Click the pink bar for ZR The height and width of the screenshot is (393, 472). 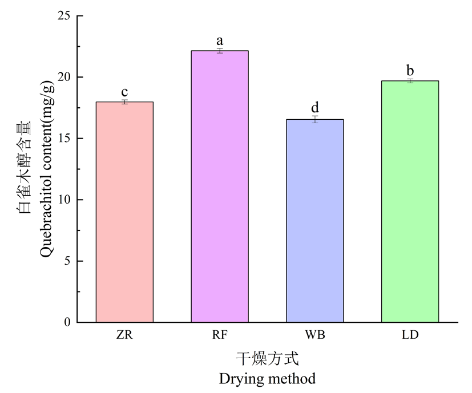tap(124, 212)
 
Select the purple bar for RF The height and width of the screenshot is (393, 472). tap(219, 187)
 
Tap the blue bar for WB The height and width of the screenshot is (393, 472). tap(314, 221)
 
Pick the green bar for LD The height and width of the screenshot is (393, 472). tap(409, 201)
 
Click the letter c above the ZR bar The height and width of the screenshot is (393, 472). tap(124, 93)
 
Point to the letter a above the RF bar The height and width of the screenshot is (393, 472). tap(219, 41)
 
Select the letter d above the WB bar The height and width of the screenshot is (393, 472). tap(314, 108)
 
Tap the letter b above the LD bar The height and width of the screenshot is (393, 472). tap(410, 71)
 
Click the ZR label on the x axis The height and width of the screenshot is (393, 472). tap(124, 335)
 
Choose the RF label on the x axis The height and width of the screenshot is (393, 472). tap(219, 335)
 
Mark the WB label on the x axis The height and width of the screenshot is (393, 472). tap(314, 335)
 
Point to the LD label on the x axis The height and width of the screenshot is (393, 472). tap(410, 335)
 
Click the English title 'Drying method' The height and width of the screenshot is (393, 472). tap(267, 378)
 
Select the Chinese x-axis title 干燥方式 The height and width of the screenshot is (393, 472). tap(267, 359)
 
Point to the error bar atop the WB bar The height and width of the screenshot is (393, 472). tap(314, 119)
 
